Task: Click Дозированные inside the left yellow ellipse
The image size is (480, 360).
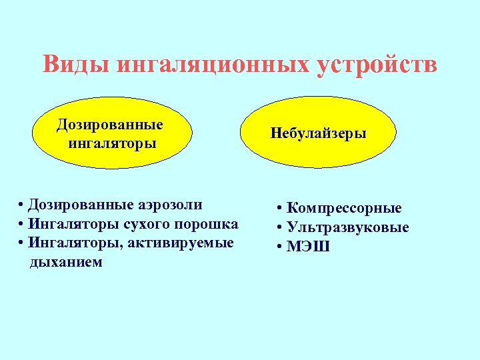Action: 110,125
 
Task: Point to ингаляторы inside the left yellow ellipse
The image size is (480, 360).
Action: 113,143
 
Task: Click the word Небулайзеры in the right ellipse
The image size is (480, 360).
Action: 319,133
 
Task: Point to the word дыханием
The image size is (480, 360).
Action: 66,262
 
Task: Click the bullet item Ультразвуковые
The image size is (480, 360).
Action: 348,227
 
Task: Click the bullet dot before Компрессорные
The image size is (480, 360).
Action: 281,208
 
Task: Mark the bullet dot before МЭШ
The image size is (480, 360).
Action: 281,247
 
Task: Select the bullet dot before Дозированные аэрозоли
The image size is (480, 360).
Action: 23,204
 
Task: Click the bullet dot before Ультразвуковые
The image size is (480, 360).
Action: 281,227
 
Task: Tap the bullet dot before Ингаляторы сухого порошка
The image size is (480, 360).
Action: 23,223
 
